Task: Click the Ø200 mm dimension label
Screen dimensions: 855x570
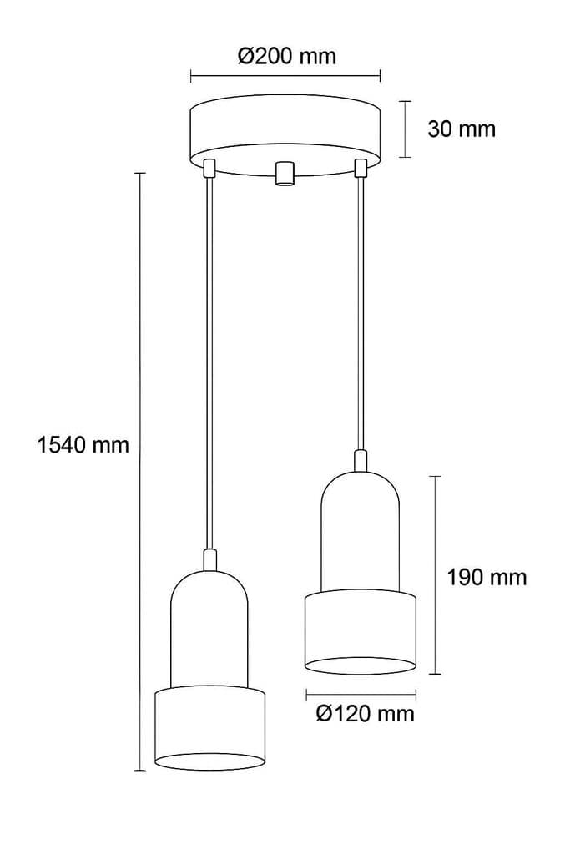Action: [286, 56]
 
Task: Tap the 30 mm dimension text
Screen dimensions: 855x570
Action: [461, 129]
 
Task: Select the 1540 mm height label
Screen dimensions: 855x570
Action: [83, 444]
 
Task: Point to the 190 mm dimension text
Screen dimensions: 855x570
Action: [486, 577]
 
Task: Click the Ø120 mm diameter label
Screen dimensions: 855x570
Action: [366, 714]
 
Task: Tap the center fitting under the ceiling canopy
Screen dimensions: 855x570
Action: [285, 173]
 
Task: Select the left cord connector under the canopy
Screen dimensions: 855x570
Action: [209, 168]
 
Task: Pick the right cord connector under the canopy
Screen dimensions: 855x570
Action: [361, 168]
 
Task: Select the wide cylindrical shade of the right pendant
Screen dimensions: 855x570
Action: [361, 630]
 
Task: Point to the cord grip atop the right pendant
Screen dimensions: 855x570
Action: [361, 461]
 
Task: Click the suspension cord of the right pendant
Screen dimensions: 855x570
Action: [361, 309]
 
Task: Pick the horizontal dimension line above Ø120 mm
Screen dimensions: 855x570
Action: [361, 693]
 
